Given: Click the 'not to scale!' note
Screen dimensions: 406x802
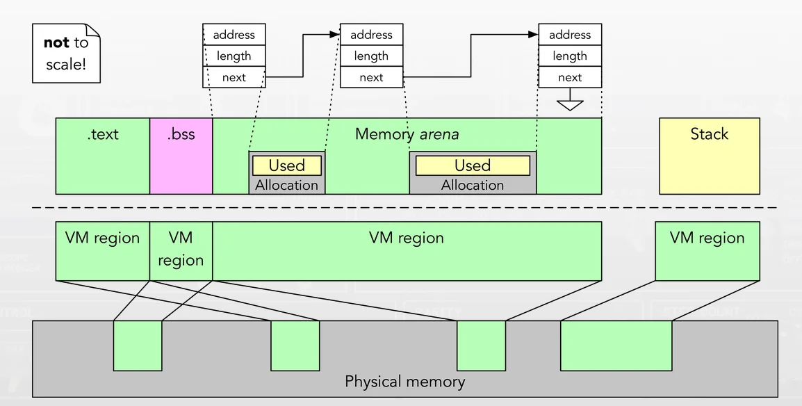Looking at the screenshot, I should (66, 54).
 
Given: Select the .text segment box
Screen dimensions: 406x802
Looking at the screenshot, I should (103, 156).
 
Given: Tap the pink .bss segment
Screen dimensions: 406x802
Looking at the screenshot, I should (181, 156).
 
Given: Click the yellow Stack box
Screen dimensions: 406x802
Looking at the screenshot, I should (709, 156).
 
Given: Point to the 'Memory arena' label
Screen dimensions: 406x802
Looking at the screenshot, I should (407, 133).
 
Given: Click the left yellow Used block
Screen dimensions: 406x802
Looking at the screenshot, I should (286, 165).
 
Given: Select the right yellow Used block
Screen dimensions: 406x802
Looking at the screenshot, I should (473, 165).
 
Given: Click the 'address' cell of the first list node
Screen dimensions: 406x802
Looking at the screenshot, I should (234, 35).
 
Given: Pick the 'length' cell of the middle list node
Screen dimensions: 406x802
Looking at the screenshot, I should (371, 56).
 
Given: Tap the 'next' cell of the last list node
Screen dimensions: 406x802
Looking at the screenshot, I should (570, 77).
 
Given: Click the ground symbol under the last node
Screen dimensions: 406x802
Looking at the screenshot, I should (570, 104).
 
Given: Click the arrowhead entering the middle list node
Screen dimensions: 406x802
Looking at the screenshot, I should (335, 35).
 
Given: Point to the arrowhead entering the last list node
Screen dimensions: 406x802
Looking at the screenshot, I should (534, 35).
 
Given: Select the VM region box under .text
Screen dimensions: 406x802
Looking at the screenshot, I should (103, 251).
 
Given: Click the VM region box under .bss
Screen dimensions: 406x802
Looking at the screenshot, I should (181, 251).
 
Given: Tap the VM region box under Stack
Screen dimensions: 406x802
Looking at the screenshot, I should (707, 251).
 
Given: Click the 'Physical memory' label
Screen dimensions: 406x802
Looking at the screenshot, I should (404, 382).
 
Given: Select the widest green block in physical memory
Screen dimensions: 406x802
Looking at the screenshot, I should (616, 346).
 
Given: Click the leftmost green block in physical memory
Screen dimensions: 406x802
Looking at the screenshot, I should (138, 346).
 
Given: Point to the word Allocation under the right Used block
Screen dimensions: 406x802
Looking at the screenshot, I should (473, 185).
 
